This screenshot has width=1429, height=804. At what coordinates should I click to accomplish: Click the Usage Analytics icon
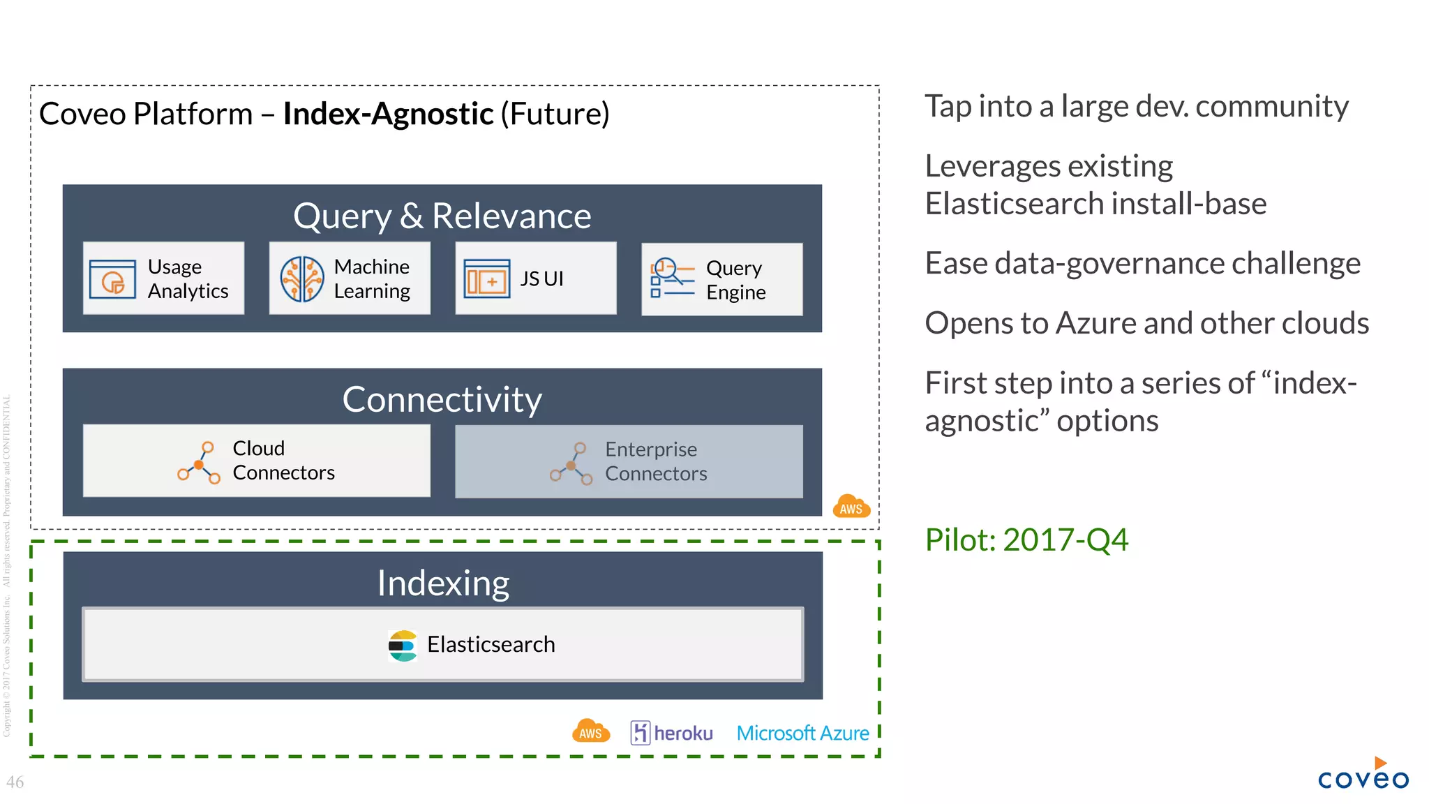click(112, 279)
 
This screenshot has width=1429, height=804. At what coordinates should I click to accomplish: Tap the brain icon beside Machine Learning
click(301, 278)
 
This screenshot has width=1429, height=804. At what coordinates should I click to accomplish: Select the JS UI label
click(541, 278)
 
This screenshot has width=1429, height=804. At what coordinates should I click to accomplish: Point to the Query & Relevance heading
click(442, 216)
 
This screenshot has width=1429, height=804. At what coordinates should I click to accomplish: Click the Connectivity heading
click(442, 399)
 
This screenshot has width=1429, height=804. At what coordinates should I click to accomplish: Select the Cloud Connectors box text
click(283, 461)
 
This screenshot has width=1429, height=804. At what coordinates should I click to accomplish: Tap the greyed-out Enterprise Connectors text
click(655, 461)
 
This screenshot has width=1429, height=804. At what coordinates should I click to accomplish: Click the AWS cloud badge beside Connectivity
click(851, 507)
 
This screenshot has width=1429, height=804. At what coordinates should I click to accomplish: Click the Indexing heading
click(443, 583)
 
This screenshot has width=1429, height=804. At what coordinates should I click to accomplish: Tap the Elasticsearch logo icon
click(403, 646)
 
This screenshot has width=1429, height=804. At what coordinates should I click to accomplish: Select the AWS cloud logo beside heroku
click(590, 731)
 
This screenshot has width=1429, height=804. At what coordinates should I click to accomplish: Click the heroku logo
click(671, 733)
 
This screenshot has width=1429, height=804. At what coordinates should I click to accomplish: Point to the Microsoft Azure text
click(802, 733)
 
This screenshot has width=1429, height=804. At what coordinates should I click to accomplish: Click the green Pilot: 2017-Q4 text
click(1026, 539)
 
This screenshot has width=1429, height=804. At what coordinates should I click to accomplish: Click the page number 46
click(15, 782)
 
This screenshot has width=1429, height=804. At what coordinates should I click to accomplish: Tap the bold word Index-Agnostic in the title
click(388, 114)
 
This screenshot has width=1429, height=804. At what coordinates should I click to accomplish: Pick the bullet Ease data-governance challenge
click(1142, 263)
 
